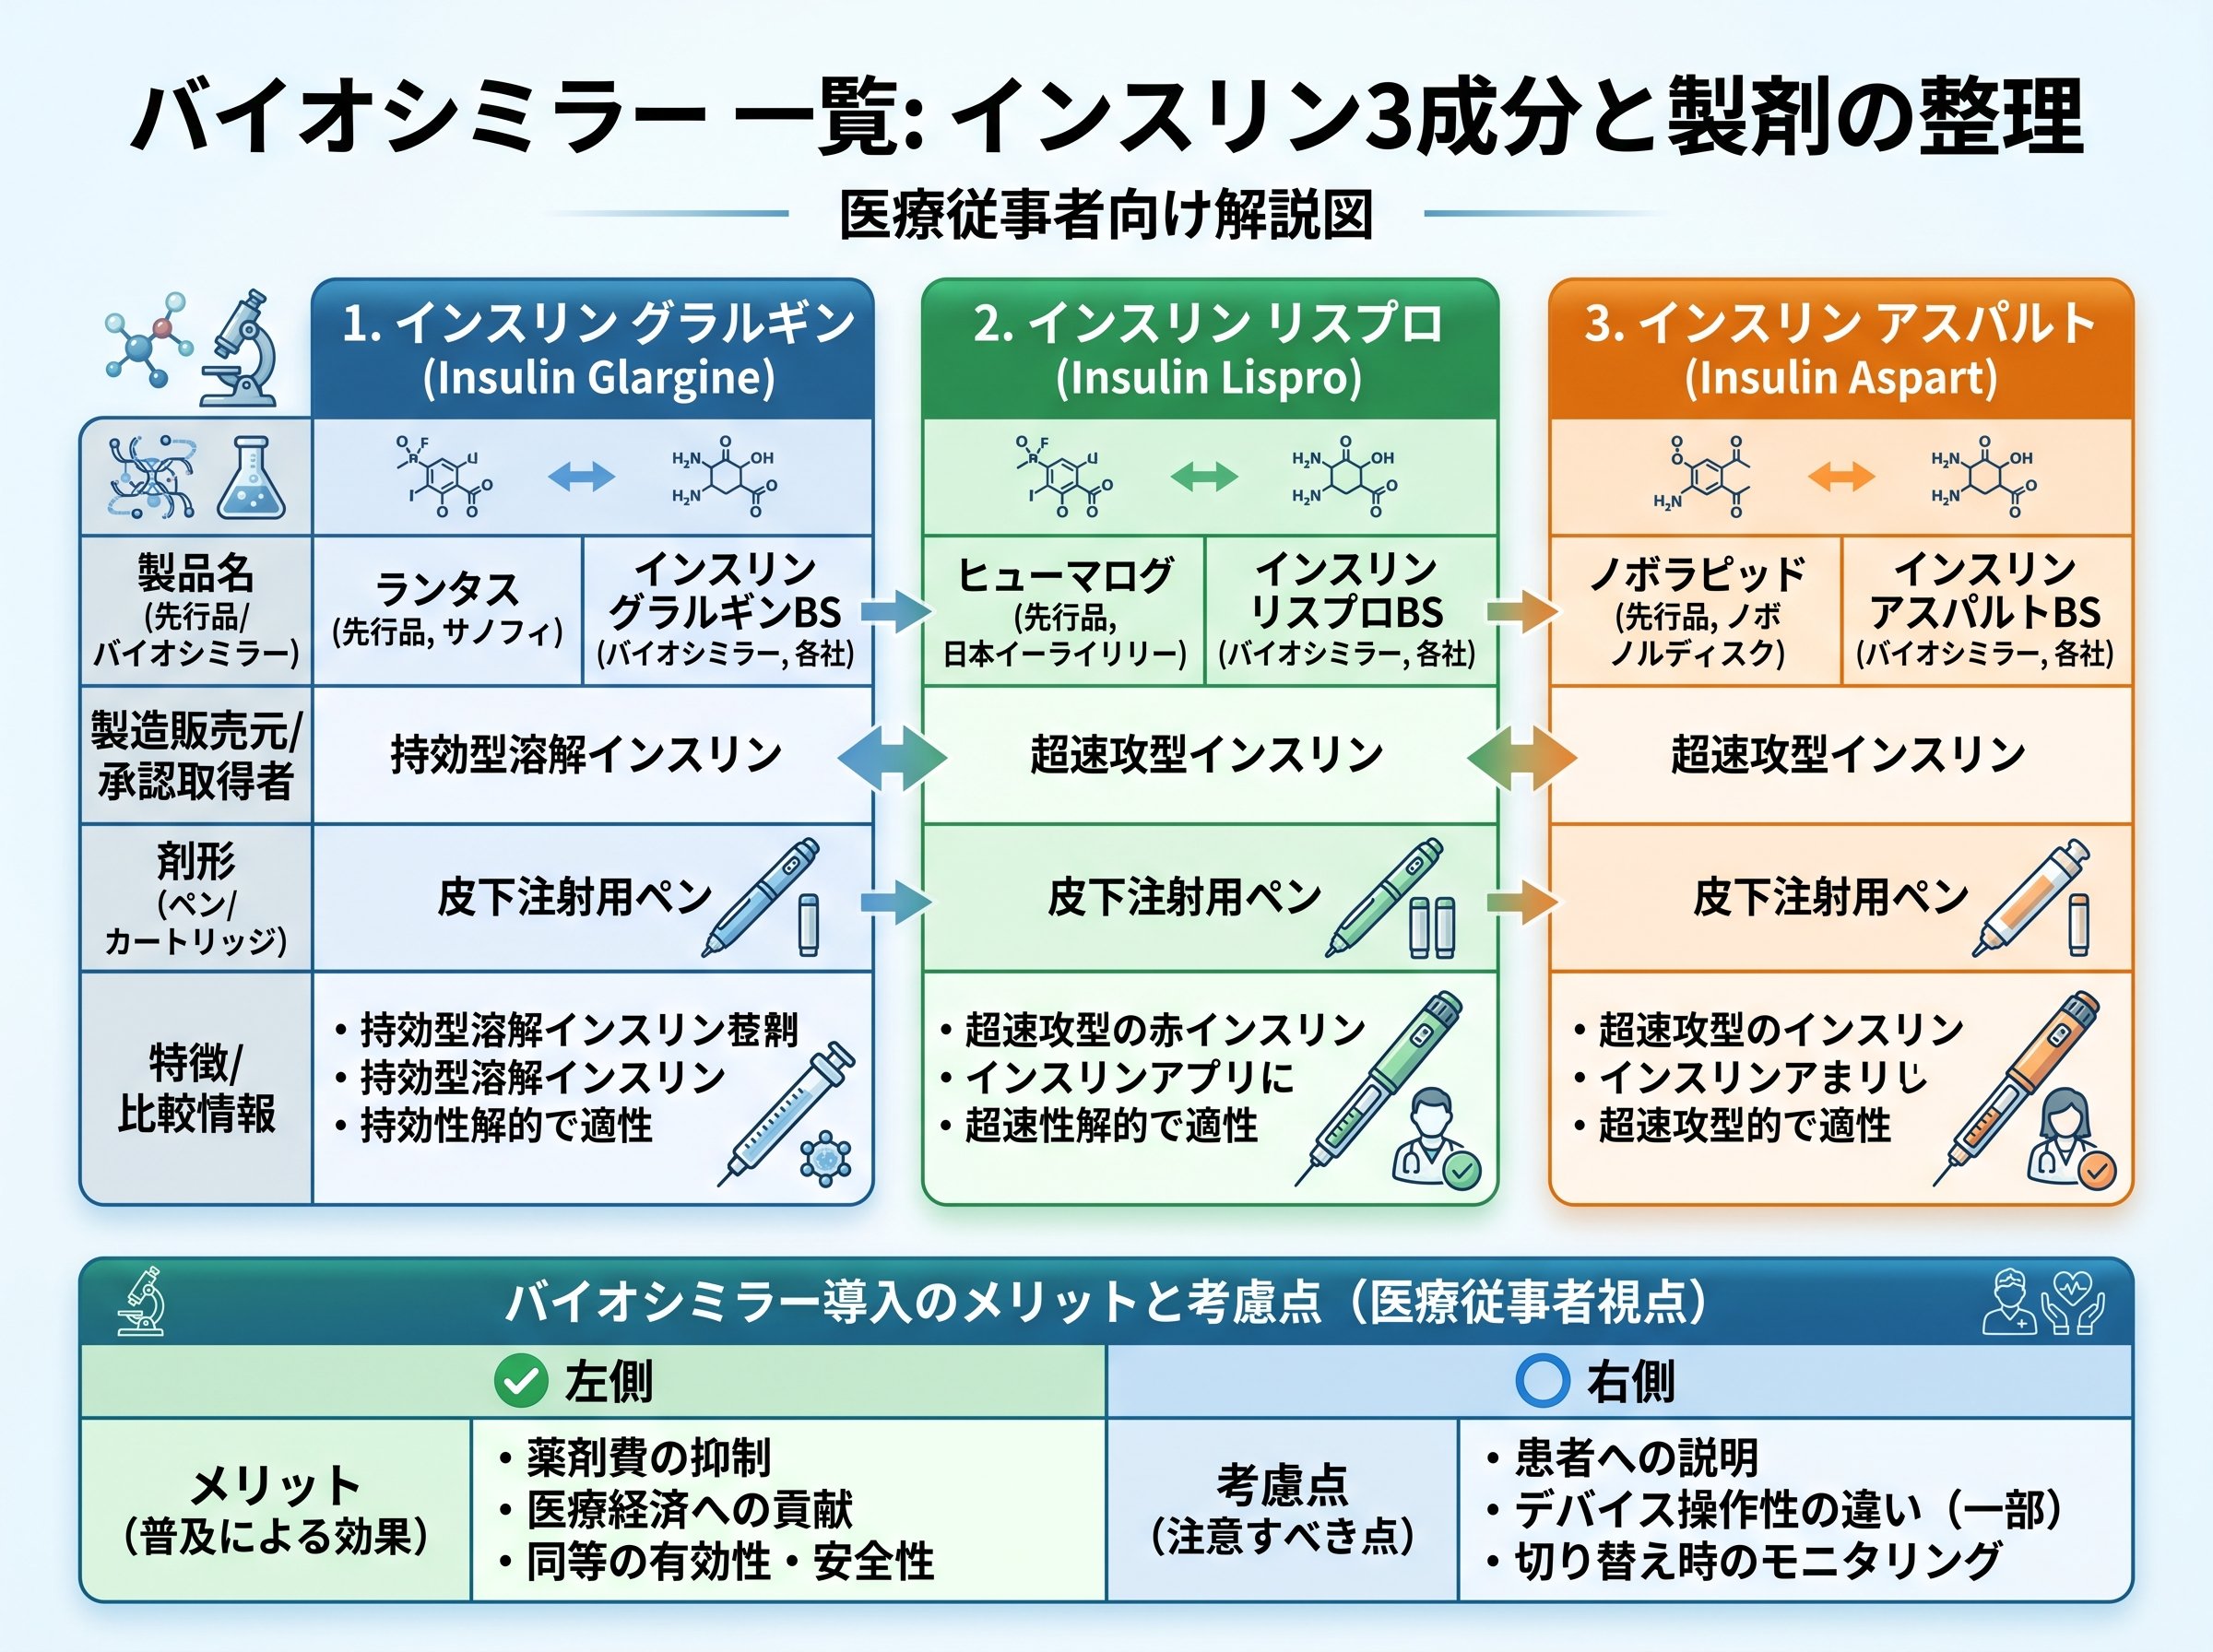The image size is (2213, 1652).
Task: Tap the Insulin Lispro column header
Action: [1209, 349]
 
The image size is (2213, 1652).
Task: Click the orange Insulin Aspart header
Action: [1840, 349]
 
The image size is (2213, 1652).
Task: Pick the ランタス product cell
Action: [447, 610]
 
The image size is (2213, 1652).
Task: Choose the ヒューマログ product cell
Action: [1064, 610]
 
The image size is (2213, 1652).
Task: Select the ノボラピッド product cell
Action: [1696, 610]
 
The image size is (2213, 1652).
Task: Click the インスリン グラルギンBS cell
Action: [727, 610]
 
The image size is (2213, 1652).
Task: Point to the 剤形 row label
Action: [196, 898]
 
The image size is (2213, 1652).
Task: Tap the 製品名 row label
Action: [196, 610]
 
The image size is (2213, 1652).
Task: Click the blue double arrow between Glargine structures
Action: [581, 476]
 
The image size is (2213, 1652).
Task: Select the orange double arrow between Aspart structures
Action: [1841, 476]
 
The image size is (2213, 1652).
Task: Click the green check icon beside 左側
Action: [521, 1381]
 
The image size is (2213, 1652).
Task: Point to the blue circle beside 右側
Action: [1542, 1381]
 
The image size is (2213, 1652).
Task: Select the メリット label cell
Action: [275, 1509]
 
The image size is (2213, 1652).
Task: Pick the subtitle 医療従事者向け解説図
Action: [1106, 214]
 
